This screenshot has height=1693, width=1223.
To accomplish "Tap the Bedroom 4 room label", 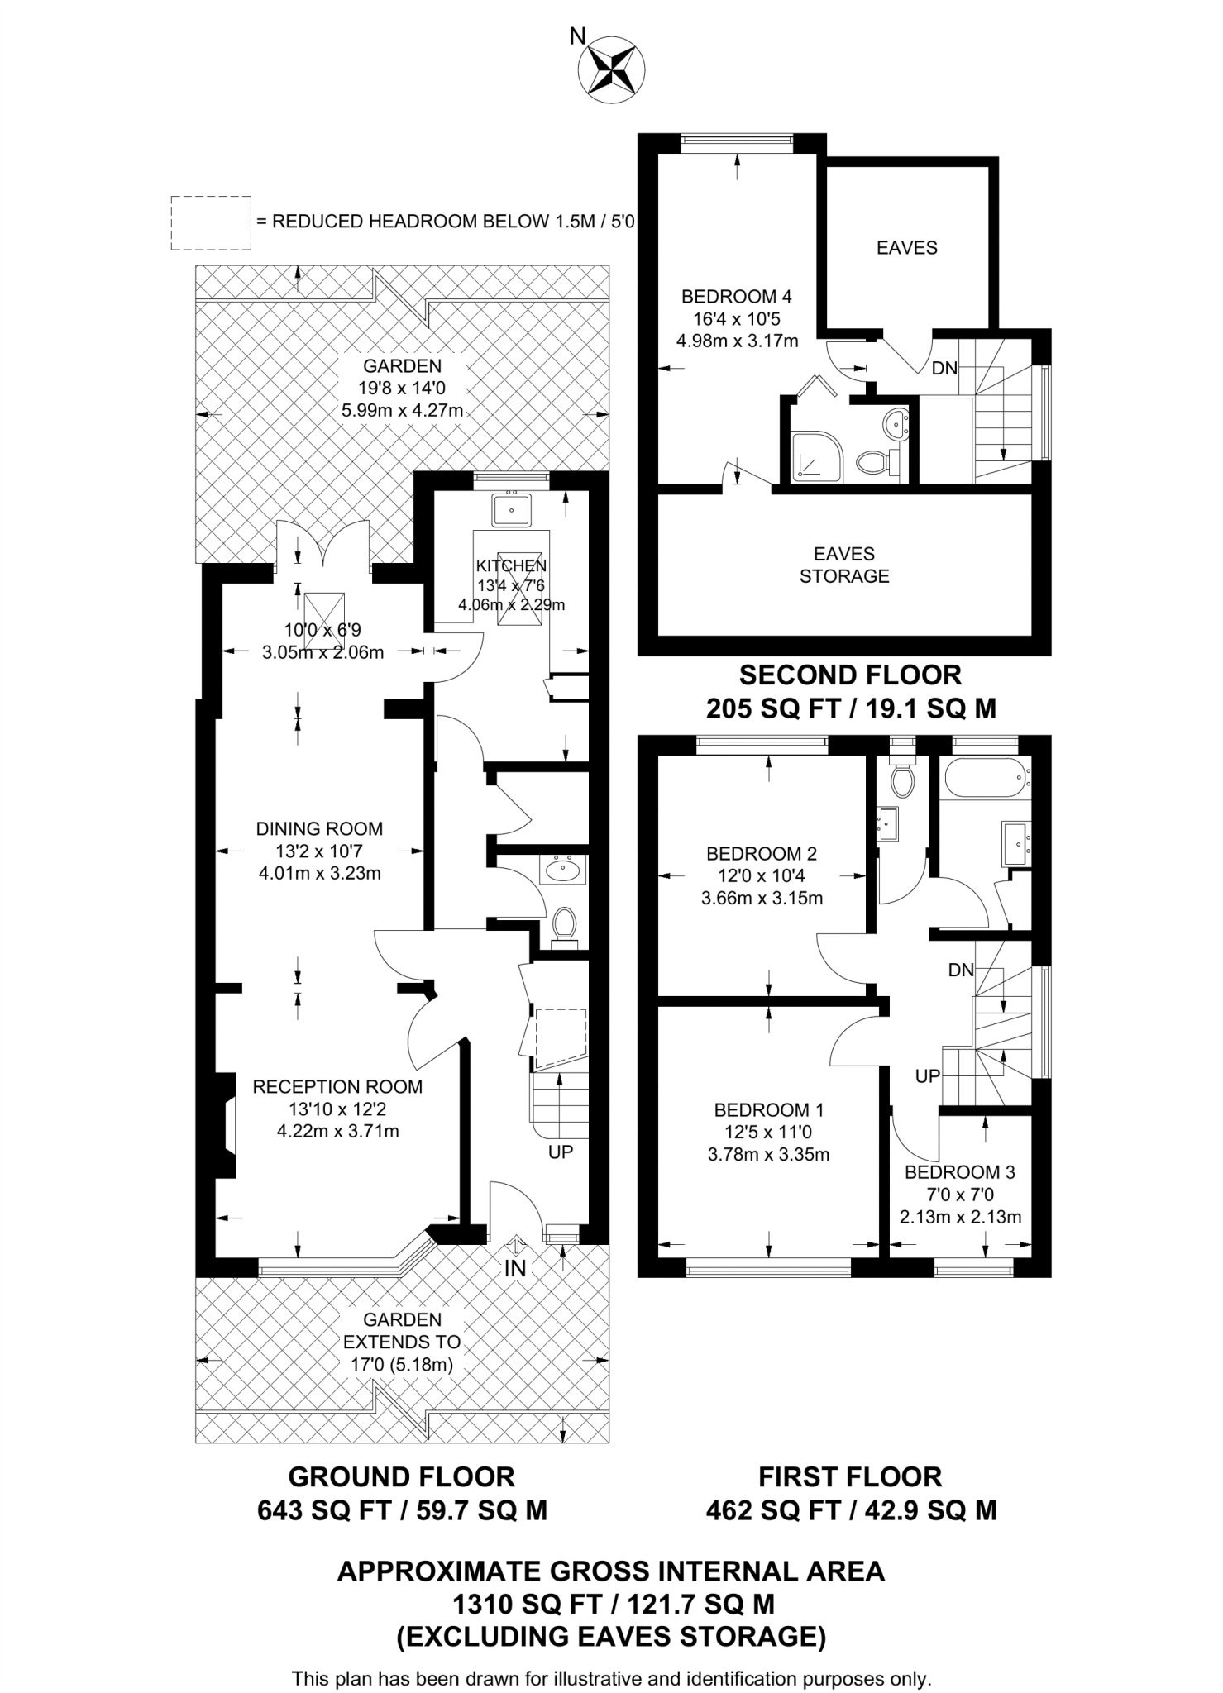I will (x=736, y=296).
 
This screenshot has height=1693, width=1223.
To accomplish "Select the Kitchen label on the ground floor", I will (x=511, y=565).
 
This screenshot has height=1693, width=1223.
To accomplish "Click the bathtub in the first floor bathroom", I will (x=984, y=778).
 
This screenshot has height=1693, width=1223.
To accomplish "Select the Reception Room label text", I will (x=337, y=1087).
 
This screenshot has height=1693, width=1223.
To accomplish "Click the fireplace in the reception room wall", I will (x=226, y=1125).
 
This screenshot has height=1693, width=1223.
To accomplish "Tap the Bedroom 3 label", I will (x=959, y=1172).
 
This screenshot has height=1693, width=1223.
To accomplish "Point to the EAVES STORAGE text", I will (x=843, y=565).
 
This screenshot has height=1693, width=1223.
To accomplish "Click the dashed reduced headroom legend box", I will (x=211, y=223).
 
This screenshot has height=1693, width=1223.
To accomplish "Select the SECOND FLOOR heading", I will (x=850, y=675).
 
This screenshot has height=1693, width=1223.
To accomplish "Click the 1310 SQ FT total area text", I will (x=613, y=1605).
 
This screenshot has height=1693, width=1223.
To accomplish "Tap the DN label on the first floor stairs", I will (x=961, y=970).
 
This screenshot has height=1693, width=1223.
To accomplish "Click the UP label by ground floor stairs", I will (x=561, y=1152).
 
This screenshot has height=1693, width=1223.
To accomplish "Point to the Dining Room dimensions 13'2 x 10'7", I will (x=319, y=851).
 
